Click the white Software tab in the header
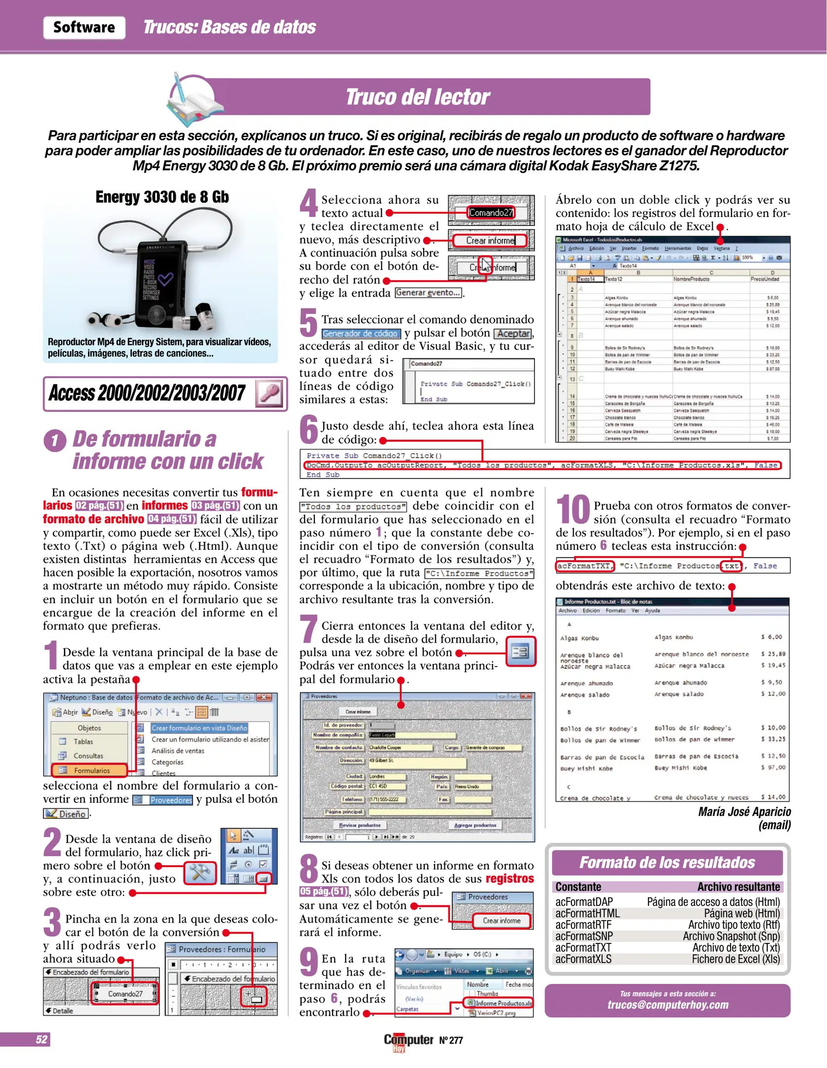click(x=84, y=27)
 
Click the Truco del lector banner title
click(x=417, y=97)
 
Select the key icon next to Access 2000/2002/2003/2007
click(x=270, y=394)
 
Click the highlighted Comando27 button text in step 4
click(x=491, y=213)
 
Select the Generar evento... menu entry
click(x=428, y=293)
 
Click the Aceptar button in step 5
click(x=514, y=334)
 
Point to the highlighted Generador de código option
click(x=360, y=334)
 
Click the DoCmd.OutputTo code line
click(x=542, y=465)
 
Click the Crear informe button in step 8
click(x=501, y=921)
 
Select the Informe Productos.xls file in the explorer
click(x=503, y=1003)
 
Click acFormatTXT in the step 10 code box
click(x=584, y=566)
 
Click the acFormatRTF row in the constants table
click(x=667, y=925)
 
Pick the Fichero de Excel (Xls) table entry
click(x=735, y=959)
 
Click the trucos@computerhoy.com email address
click(x=667, y=1005)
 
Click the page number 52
click(x=42, y=1039)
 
